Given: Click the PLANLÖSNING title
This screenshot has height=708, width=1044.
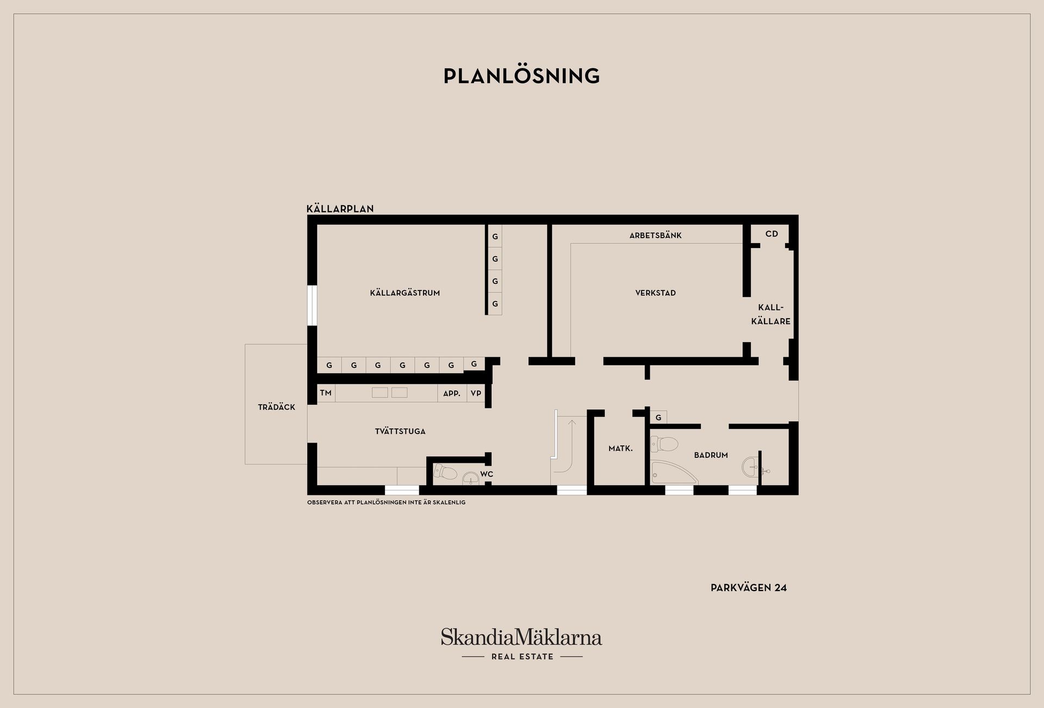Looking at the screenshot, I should [521, 76].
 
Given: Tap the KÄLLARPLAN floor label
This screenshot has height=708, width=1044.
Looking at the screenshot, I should [340, 209].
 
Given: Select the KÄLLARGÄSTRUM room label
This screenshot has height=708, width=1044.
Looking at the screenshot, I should [405, 293].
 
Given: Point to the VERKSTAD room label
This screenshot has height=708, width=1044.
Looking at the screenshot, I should [655, 293].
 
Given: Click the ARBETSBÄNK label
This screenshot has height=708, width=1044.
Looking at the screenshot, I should [655, 235].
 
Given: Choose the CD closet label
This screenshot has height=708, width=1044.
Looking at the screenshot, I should [772, 234].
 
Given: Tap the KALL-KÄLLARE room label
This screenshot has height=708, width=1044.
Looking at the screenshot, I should [770, 314].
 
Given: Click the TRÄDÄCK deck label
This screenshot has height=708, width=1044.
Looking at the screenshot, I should [276, 407].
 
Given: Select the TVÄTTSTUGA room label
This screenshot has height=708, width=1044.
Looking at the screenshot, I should [400, 432].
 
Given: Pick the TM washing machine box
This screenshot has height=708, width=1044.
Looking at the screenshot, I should [326, 393].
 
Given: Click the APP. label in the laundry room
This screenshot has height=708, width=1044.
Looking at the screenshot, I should [452, 393].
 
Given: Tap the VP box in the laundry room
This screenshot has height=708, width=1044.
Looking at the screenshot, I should [476, 393].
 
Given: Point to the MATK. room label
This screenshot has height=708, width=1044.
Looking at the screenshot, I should [620, 449].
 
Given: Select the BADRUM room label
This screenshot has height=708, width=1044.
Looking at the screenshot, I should [711, 455].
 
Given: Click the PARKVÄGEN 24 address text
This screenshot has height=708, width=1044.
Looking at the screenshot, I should [748, 588].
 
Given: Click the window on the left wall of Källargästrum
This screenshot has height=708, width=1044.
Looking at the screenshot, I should [312, 305].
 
